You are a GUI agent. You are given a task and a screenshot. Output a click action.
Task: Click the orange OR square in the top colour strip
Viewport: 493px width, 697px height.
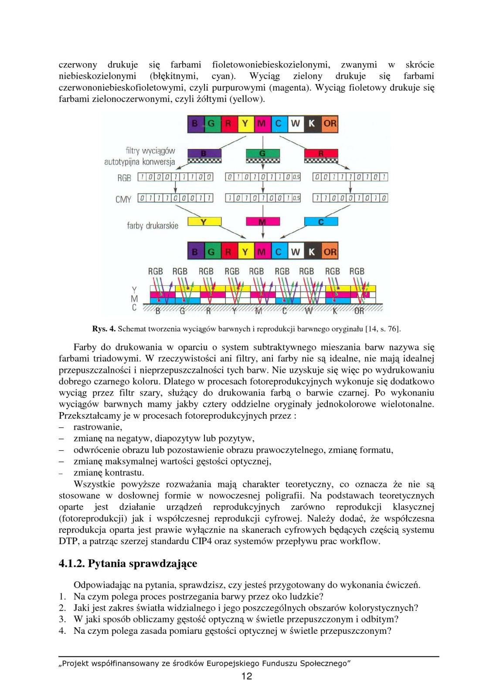pos(330,124)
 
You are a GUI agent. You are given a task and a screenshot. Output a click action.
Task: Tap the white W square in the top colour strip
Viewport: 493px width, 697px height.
pos(296,124)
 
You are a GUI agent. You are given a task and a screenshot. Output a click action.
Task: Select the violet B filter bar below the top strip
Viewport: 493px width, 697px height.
pos(204,153)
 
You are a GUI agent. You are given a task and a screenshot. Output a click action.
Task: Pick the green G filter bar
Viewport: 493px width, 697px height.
pos(262,153)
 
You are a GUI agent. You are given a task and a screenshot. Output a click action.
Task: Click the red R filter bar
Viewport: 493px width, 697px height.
pos(321,153)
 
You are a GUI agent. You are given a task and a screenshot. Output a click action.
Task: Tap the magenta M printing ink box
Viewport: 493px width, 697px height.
pos(262,222)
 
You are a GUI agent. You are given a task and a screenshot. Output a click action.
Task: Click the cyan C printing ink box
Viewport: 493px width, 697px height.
pos(321,222)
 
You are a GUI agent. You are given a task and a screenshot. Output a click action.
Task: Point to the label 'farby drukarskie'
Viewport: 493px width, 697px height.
pos(153,226)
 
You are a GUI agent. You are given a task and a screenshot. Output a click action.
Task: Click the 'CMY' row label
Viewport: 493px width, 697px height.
pos(123,199)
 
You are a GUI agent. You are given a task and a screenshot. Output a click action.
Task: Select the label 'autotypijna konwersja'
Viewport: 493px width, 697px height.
pos(139,162)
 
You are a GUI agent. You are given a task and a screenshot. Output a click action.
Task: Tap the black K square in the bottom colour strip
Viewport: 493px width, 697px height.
pos(312,252)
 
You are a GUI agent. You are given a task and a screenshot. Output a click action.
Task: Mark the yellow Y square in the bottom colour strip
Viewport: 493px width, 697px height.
pos(245,252)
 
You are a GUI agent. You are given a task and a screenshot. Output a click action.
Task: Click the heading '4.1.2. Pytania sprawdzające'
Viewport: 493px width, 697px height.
pos(128,564)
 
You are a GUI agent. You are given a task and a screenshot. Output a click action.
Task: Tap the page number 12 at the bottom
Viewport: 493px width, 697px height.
pos(247,676)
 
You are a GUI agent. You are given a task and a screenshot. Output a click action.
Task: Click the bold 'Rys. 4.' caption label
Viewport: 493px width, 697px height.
pos(104,329)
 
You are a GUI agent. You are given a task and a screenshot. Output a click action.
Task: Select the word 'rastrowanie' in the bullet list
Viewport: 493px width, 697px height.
pos(98,427)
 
